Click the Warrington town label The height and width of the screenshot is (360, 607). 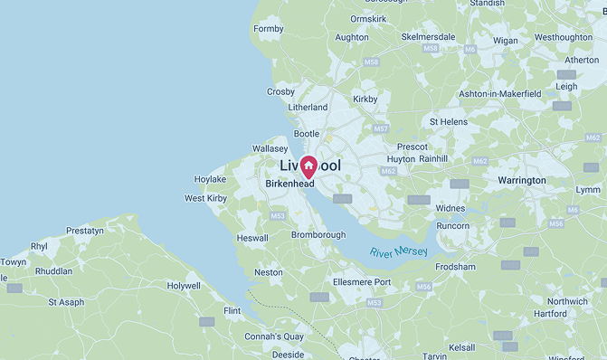522,181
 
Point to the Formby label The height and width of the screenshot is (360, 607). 269,29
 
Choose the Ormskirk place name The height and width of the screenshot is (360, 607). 368,19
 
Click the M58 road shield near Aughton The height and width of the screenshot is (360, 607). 371,62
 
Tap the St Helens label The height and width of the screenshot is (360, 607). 448,121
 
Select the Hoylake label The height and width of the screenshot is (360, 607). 210,179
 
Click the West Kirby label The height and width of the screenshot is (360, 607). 206,198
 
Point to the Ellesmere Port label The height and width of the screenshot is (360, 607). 362,282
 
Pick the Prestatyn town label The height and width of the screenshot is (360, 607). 85,231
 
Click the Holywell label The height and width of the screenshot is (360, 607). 184,286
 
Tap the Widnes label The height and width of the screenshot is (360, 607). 451,208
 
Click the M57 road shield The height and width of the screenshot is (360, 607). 381,128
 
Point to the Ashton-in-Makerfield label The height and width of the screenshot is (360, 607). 499,93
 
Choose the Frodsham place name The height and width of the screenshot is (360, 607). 455,267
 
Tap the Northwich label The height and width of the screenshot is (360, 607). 568,301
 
